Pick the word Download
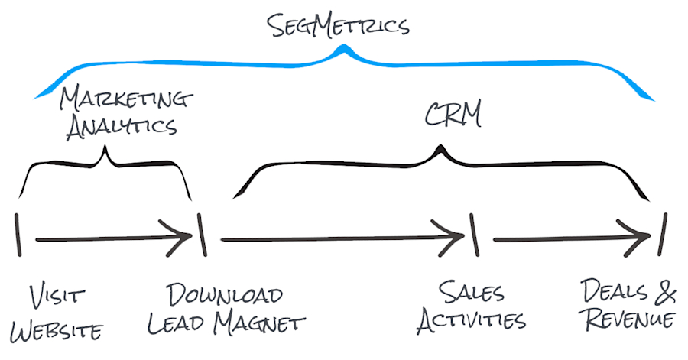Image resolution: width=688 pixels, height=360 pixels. coord(225,294)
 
